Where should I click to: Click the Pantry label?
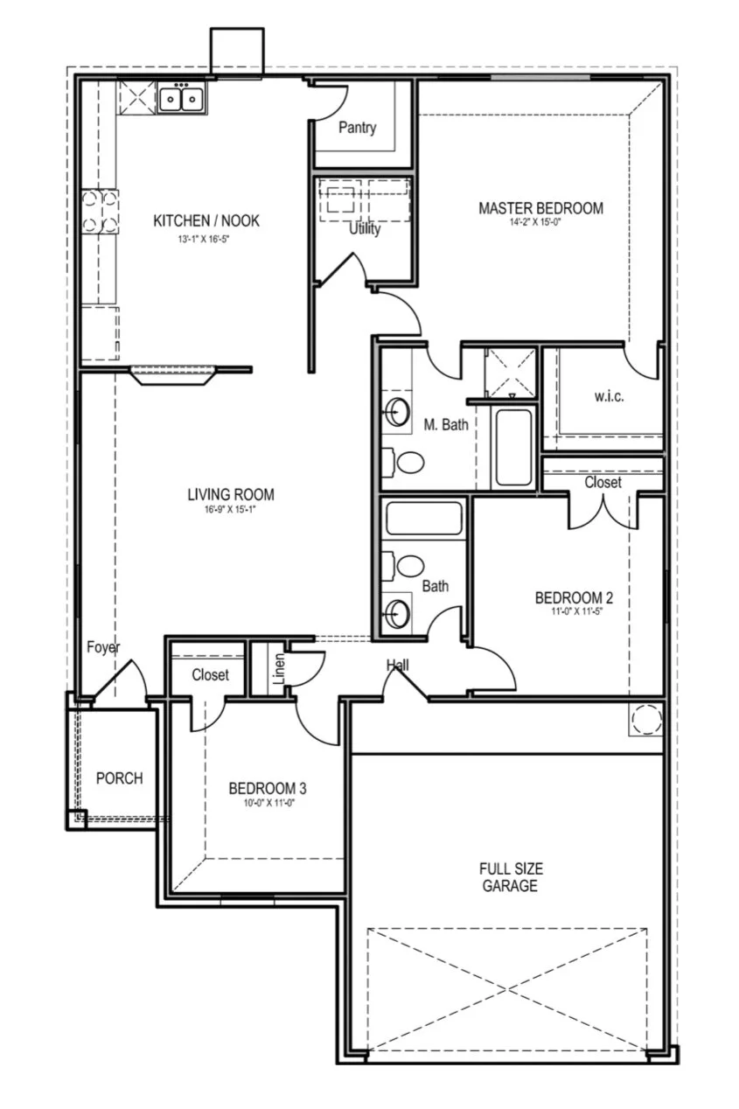click(x=357, y=128)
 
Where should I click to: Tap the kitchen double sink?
click(x=181, y=98)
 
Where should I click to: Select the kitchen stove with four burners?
click(x=100, y=212)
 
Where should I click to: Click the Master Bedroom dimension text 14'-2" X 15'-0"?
click(x=540, y=223)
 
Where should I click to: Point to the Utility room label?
click(x=365, y=229)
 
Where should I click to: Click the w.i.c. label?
click(x=609, y=396)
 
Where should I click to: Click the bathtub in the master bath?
click(x=512, y=447)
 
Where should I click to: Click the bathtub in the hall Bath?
click(x=424, y=519)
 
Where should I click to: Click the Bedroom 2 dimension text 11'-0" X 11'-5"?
click(x=574, y=612)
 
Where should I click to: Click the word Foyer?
click(x=103, y=647)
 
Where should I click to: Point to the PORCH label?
click(x=119, y=778)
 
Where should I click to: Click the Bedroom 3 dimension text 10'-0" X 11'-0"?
click(x=267, y=802)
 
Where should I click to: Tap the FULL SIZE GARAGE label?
click(x=511, y=877)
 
